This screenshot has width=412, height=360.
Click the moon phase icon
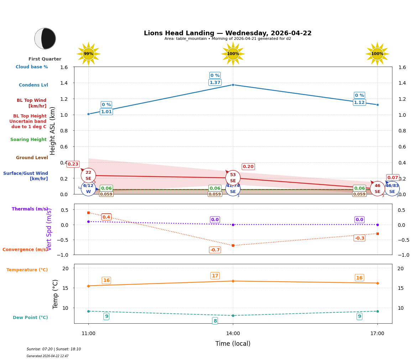tap(45, 38)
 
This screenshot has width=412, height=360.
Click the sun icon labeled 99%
tap(88, 54)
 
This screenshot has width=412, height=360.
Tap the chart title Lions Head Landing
tap(228, 33)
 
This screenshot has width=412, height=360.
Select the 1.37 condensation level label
tap(215, 83)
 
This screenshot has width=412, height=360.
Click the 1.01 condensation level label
tap(106, 112)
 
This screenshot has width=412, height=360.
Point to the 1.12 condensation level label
tap(359, 103)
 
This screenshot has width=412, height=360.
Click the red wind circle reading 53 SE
tap(233, 178)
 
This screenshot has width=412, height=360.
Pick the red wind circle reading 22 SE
tap(88, 176)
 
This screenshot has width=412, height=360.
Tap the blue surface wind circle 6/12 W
tap(88, 189)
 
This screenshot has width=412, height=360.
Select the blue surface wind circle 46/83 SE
tap(392, 189)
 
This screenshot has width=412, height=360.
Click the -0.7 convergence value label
tap(215, 250)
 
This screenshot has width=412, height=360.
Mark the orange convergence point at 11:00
tap(88, 213)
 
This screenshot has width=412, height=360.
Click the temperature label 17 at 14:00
tap(215, 276)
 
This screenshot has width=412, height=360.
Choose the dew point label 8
tap(215, 321)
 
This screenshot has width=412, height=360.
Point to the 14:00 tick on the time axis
tap(233, 334)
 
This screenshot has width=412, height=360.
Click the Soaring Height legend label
tap(28, 140)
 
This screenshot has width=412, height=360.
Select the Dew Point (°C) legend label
tap(30, 318)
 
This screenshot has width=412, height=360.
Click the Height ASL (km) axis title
tap(53, 131)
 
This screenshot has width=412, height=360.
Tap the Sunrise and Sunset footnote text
tap(54, 349)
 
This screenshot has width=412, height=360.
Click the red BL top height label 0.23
tap(73, 164)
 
